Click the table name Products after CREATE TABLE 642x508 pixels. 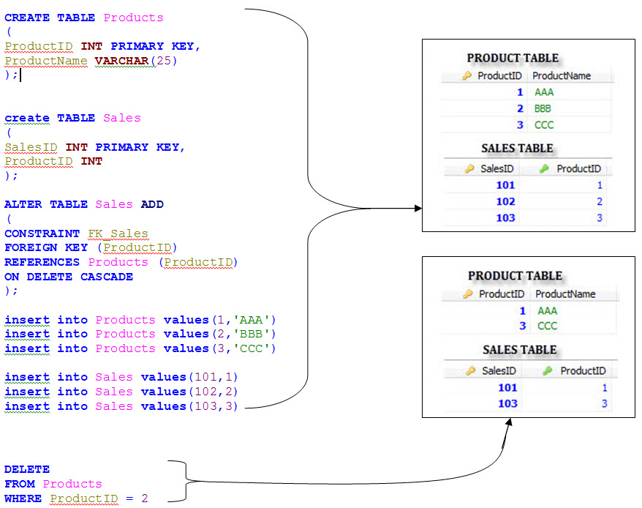tap(133, 18)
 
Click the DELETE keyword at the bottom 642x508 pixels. tap(27, 469)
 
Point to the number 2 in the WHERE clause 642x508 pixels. tap(145, 498)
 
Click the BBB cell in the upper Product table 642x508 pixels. tap(543, 108)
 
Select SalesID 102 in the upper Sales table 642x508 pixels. tap(505, 201)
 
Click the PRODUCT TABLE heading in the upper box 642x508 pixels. tap(513, 59)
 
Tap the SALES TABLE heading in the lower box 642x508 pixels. tap(519, 350)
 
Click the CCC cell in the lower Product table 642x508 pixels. tap(547, 326)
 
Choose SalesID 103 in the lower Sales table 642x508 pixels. tap(507, 403)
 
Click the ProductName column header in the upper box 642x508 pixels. tap(562, 75)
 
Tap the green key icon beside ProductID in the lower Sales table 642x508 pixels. tap(547, 370)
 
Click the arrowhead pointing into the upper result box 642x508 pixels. tap(418, 209)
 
